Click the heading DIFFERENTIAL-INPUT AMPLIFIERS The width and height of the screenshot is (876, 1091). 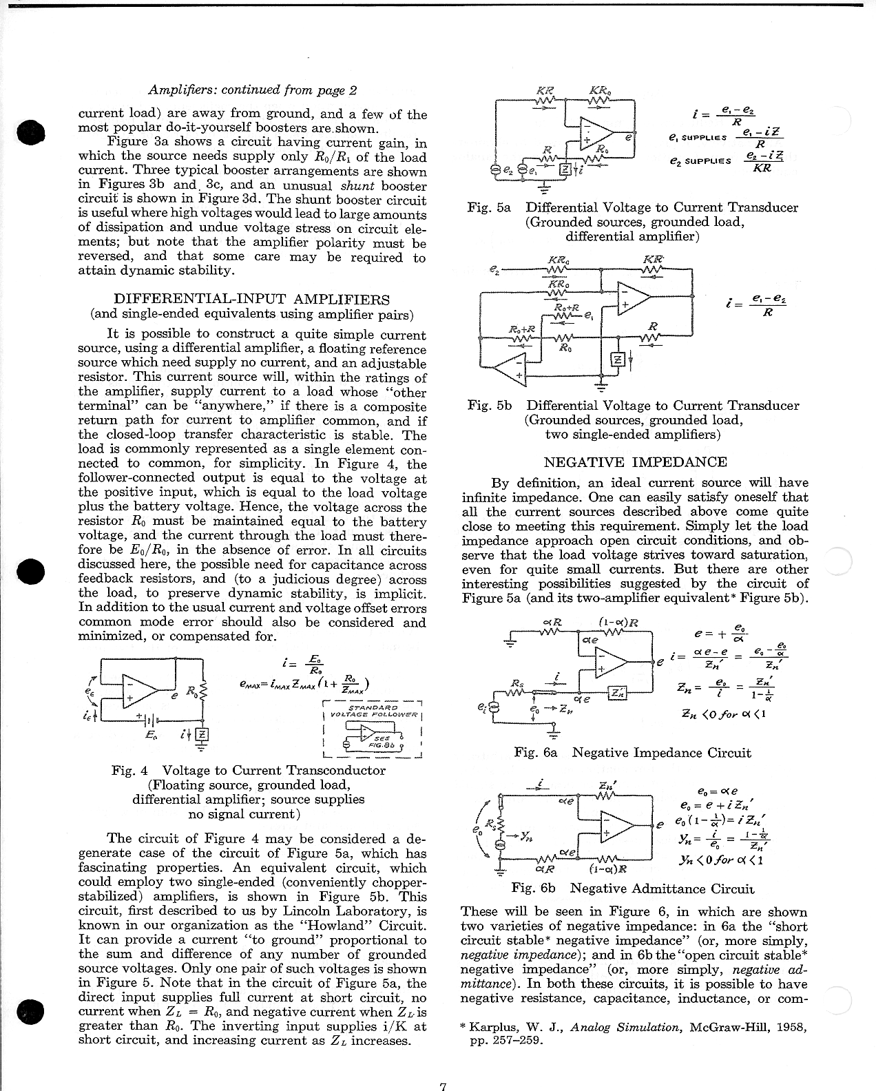pos(251,300)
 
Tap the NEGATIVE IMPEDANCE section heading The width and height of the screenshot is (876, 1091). pos(635,461)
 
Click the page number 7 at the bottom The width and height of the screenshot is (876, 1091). pos(444,1086)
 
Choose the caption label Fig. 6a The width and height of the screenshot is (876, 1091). pos(536,752)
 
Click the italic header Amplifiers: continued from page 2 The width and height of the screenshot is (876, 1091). pos(253,90)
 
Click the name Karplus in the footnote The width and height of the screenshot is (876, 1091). pos(493,1027)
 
